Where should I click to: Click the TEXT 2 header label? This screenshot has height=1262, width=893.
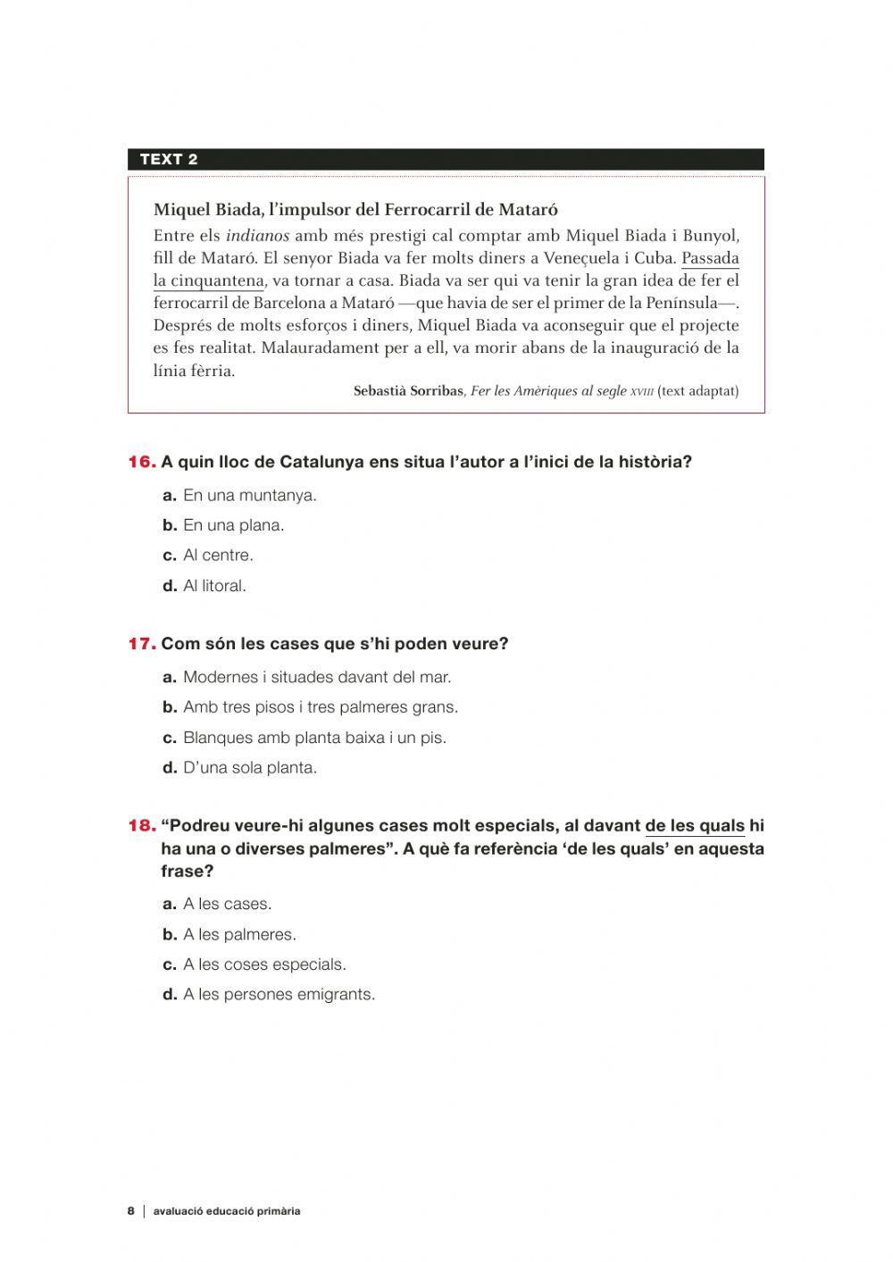pyautogui.click(x=169, y=160)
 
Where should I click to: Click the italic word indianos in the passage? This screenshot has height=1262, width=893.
pyautogui.click(x=257, y=236)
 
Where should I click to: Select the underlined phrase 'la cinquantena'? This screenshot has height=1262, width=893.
pyautogui.click(x=209, y=281)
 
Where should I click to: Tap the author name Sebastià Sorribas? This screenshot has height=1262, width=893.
pyautogui.click(x=408, y=391)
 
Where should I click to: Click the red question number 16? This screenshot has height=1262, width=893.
pyautogui.click(x=142, y=462)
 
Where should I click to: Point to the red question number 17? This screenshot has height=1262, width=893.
pyautogui.click(x=142, y=644)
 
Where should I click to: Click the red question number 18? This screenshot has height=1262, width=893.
pyautogui.click(x=142, y=826)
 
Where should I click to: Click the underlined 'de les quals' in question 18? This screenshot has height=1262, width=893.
pyautogui.click(x=695, y=826)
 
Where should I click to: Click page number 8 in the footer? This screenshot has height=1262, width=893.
pyautogui.click(x=130, y=1211)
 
